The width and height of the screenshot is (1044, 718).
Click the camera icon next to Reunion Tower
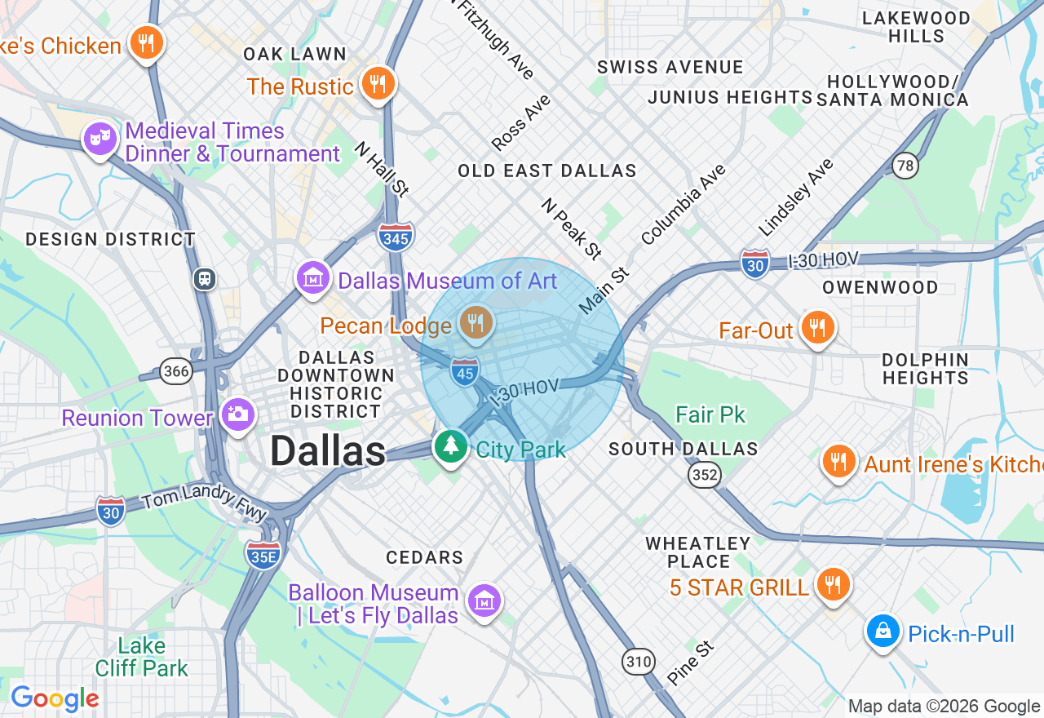(238, 414)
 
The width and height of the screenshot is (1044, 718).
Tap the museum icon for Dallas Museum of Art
(312, 277)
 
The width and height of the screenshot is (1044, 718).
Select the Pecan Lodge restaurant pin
(476, 323)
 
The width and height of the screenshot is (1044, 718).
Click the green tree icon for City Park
(450, 445)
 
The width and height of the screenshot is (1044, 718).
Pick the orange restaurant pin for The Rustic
(378, 82)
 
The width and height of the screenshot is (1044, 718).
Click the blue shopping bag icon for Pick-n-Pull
(883, 631)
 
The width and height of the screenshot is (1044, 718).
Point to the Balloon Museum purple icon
(484, 601)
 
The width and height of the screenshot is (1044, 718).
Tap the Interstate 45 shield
(465, 372)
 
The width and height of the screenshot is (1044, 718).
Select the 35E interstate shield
(263, 554)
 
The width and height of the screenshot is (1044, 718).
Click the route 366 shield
(176, 372)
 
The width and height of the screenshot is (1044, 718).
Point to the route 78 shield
(905, 165)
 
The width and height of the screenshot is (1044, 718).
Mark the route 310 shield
(638, 661)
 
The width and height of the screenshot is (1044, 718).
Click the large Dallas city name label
(328, 451)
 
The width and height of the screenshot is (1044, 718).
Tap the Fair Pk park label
(710, 414)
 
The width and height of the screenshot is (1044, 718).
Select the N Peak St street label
(571, 228)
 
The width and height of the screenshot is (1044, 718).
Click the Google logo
(55, 698)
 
